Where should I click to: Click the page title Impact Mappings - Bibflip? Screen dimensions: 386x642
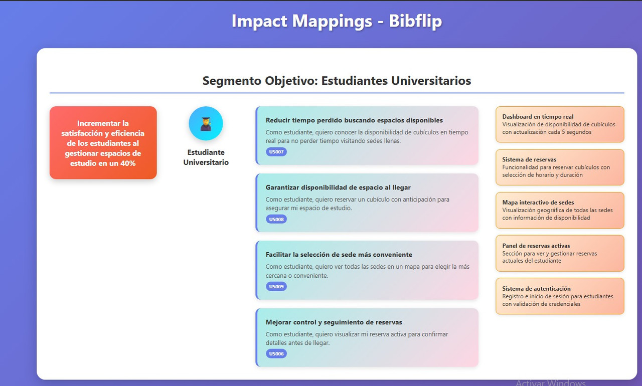337,21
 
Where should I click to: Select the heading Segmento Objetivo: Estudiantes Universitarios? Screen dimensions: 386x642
337,81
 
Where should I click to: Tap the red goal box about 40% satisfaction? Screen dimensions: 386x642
103,142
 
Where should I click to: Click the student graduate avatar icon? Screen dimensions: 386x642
206,123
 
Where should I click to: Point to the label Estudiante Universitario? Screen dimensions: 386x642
206,157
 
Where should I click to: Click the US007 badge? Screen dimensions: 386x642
276,152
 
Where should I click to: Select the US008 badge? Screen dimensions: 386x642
276,219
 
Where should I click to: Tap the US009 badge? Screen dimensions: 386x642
276,287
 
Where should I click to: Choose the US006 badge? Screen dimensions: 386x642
276,354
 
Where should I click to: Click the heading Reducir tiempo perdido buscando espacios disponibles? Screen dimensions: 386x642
354,120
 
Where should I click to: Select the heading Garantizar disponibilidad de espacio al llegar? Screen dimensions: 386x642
338,187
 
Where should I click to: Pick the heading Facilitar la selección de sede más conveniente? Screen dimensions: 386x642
339,255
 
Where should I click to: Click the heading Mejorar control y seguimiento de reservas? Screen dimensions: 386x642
334,322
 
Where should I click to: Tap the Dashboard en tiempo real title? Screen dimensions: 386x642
538,117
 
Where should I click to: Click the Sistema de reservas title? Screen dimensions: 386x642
529,160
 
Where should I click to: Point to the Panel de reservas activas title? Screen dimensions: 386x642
536,246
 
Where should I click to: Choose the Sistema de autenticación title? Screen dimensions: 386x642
536,289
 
